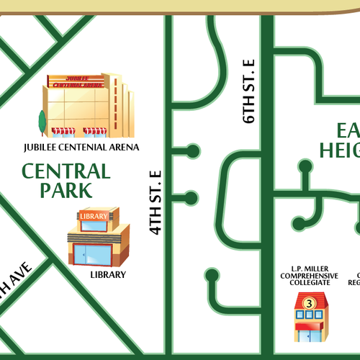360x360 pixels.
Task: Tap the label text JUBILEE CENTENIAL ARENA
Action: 81,148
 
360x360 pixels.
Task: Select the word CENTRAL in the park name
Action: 66,171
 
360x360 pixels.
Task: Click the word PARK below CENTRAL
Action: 66,190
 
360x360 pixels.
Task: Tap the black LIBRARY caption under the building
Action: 108,274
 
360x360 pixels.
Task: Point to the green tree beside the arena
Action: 42,122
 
